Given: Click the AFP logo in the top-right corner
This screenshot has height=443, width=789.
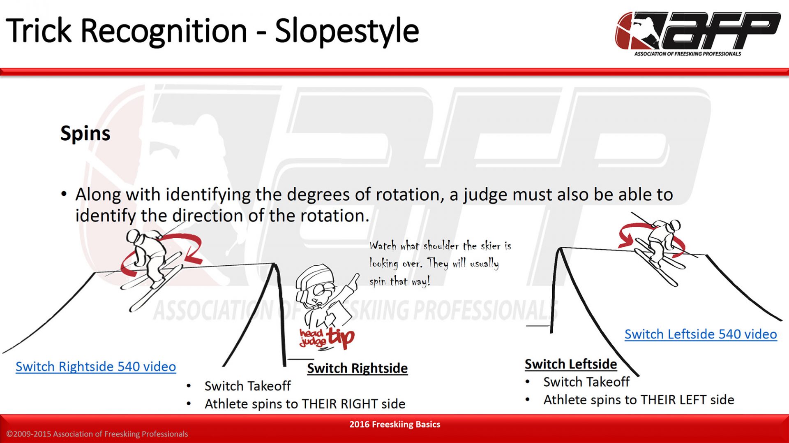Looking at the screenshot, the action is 698,34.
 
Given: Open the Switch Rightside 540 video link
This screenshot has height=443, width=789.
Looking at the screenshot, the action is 96,366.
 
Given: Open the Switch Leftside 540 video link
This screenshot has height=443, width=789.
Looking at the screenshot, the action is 701,334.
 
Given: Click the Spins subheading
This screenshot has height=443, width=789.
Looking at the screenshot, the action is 85,133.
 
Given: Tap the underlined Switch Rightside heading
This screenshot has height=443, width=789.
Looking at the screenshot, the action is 358,368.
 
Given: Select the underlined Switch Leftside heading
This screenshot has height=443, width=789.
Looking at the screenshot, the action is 571,364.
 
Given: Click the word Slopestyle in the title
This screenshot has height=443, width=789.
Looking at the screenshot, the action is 347,31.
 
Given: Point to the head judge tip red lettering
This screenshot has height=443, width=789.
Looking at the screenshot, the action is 327,338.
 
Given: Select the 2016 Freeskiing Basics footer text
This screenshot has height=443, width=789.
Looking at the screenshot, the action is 394,424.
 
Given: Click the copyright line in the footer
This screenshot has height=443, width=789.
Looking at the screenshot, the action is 97,434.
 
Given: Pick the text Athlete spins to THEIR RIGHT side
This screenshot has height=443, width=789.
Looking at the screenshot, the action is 305,404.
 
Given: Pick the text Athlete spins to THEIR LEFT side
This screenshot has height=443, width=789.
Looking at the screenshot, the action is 639,400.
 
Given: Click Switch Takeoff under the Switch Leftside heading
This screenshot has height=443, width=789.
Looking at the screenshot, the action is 586,382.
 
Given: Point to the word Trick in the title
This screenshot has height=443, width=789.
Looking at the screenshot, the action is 39,31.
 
